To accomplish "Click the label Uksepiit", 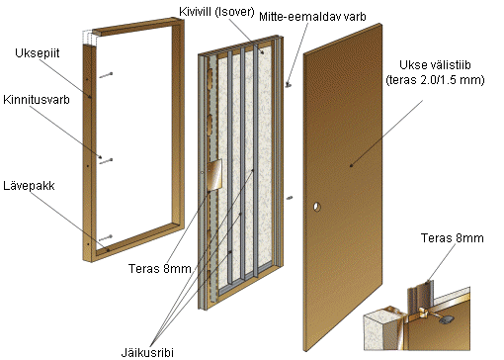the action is click(38, 53).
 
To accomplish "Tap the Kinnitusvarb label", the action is click(37, 100).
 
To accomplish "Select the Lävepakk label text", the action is click(29, 186).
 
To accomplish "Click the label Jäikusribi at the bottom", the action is click(147, 352).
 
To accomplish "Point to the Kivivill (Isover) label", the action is click(216, 12).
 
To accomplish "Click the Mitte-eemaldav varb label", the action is click(312, 17).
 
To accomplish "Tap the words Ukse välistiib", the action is click(435, 65).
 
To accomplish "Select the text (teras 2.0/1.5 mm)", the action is click(435, 80).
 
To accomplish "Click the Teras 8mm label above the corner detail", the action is click(452, 238).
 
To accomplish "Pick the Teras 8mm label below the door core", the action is click(160, 269).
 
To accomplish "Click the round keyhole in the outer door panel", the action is click(316, 207).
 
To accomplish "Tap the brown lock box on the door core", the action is click(214, 175).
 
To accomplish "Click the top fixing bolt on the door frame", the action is click(106, 75).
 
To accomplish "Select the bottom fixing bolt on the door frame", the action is click(106, 238).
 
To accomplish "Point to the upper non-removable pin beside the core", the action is click(289, 85).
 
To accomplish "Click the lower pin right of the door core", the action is click(290, 198).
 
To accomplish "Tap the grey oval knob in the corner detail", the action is click(448, 319).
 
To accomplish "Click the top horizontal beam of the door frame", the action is click(137, 27).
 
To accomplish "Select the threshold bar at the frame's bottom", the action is click(138, 240).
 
